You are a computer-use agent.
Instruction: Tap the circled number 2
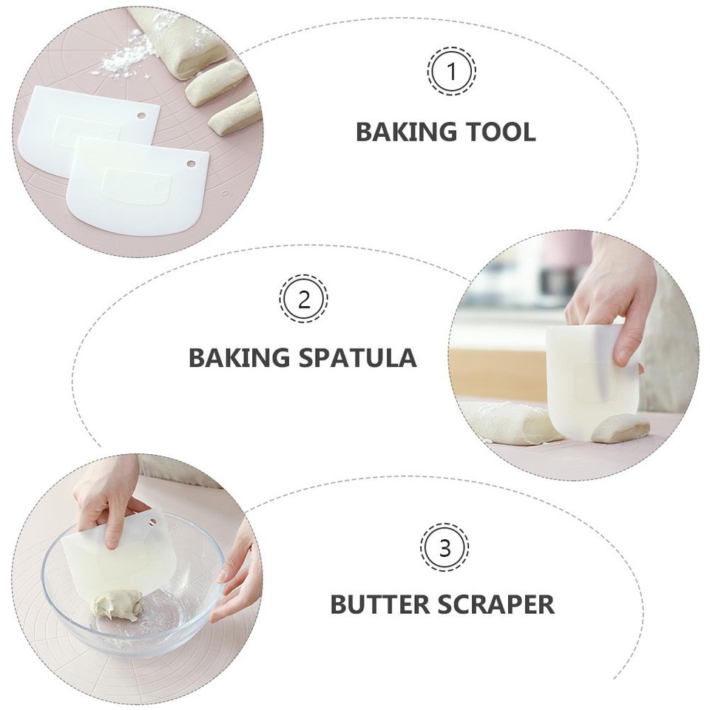coord(303,300)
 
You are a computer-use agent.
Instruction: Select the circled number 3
coord(444,548)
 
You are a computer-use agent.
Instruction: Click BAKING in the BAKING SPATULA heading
coord(238,358)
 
